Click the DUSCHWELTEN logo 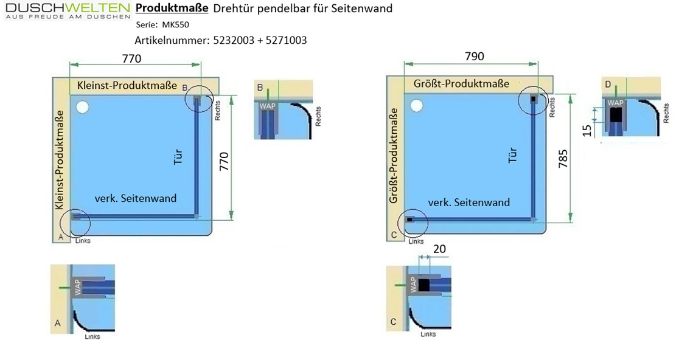point(68,11)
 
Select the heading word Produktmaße point(172,9)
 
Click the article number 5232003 point(234,40)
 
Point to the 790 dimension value point(475,56)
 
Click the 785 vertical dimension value point(563,159)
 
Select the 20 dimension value point(439,249)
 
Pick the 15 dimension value point(587,130)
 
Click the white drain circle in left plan point(82,107)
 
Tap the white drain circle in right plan point(417,105)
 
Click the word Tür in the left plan point(178,156)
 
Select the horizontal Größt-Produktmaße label point(461,83)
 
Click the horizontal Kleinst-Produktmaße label point(127,85)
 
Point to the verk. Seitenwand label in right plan point(469,202)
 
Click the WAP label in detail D point(615,103)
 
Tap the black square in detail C point(423,285)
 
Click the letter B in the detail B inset point(260,88)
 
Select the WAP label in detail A point(77,287)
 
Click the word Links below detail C point(428,334)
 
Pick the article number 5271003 point(286,40)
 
